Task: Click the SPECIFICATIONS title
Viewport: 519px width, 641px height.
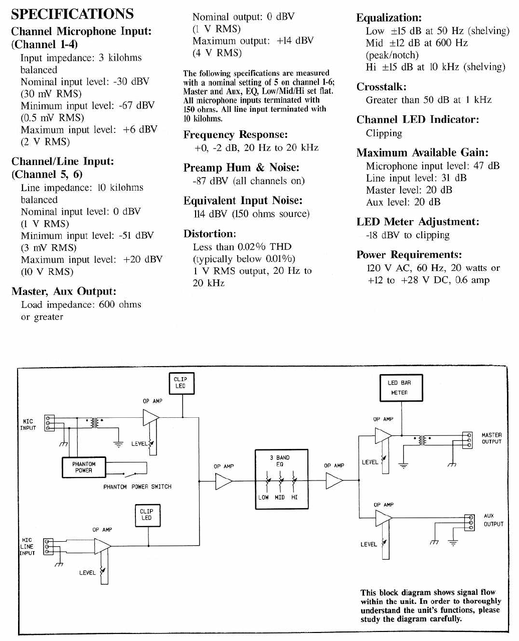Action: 72,14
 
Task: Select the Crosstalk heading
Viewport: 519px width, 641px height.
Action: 381,87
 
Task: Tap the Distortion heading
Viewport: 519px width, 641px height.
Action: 210,234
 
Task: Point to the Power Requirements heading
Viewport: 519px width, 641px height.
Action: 409,255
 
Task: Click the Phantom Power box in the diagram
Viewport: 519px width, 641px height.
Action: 84,467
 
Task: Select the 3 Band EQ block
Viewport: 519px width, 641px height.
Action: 281,479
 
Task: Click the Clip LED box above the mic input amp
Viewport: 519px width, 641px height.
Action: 181,383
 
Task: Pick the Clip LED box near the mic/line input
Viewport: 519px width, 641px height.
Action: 146,515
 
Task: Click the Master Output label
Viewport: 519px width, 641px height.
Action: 491,438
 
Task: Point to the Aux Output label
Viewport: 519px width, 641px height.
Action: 492,520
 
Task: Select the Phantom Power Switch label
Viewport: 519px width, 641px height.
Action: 137,487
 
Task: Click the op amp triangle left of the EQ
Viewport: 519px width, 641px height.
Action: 223,482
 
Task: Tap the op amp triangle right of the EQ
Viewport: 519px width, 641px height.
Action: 333,482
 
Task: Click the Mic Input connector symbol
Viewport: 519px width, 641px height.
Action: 49,423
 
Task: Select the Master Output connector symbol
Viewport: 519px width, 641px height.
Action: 467,440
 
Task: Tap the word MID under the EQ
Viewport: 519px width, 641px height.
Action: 280,498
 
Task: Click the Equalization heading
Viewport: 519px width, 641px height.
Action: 389,18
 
